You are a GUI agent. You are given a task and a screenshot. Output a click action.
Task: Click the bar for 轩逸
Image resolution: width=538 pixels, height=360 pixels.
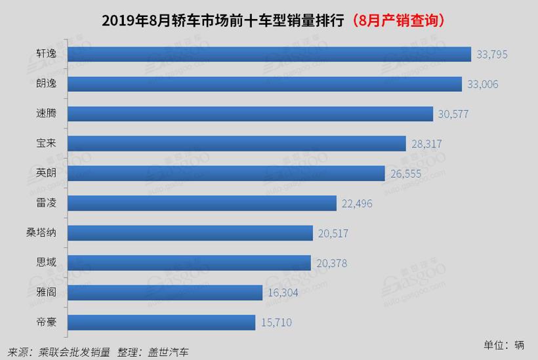(x=270, y=54)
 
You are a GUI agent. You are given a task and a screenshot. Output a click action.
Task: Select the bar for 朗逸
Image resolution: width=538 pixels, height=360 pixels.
(x=265, y=83)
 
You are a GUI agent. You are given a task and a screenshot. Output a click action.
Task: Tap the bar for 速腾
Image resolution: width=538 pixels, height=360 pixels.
(x=251, y=113)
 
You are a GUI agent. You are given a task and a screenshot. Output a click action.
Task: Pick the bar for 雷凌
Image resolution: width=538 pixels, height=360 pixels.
(x=202, y=203)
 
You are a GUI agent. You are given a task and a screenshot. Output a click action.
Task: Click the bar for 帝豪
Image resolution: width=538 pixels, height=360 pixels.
(x=161, y=322)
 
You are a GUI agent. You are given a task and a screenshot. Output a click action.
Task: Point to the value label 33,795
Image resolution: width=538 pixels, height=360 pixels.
(x=491, y=54)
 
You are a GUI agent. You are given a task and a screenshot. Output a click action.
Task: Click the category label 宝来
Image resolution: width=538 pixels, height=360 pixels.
(x=47, y=143)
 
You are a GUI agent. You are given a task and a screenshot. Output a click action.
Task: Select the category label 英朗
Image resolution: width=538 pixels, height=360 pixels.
(x=47, y=173)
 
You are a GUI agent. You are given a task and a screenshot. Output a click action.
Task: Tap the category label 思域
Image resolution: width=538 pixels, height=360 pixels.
(x=47, y=262)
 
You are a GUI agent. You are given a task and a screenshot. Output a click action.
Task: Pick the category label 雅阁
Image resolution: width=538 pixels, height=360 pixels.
(x=47, y=292)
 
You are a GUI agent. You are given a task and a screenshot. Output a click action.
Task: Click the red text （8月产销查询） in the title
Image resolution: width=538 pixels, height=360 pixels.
(x=399, y=20)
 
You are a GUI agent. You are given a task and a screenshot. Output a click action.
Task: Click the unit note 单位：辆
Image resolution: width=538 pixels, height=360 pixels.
(x=505, y=344)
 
